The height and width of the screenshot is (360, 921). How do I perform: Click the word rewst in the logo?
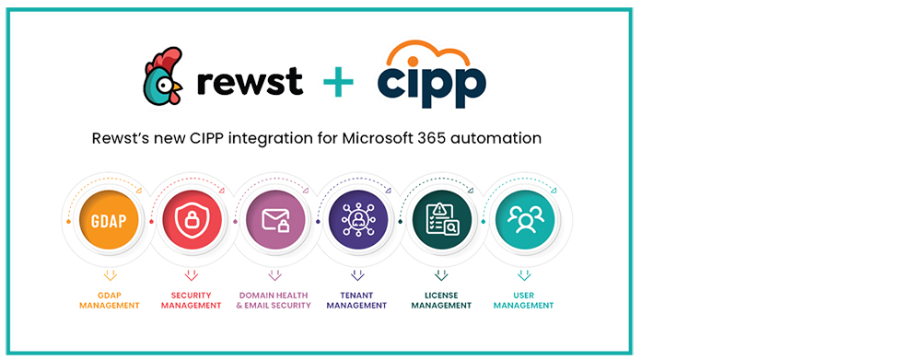coord(250,81)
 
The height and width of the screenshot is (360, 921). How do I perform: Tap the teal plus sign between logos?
coord(338,83)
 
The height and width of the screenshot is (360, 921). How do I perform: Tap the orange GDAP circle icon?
coord(109,221)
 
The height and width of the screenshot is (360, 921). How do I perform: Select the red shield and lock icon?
coord(191,221)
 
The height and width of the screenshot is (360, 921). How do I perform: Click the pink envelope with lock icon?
coord(274,221)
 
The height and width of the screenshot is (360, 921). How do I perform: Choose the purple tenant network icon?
coord(357,221)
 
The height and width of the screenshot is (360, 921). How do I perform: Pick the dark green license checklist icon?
coord(441,221)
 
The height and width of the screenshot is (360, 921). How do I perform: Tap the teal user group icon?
coord(524,221)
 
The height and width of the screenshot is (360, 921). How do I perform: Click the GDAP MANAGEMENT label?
coord(109,300)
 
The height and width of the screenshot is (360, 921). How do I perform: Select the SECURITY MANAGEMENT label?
coord(191,300)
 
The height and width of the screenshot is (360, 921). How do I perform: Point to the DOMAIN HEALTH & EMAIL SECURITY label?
coord(274,300)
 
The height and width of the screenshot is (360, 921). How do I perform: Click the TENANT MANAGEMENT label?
coord(357,300)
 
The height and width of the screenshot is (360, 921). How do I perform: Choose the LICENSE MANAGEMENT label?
coord(441,300)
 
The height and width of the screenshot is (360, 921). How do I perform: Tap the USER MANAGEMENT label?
coord(524,300)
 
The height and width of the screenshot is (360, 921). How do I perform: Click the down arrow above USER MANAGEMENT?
coord(524,274)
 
